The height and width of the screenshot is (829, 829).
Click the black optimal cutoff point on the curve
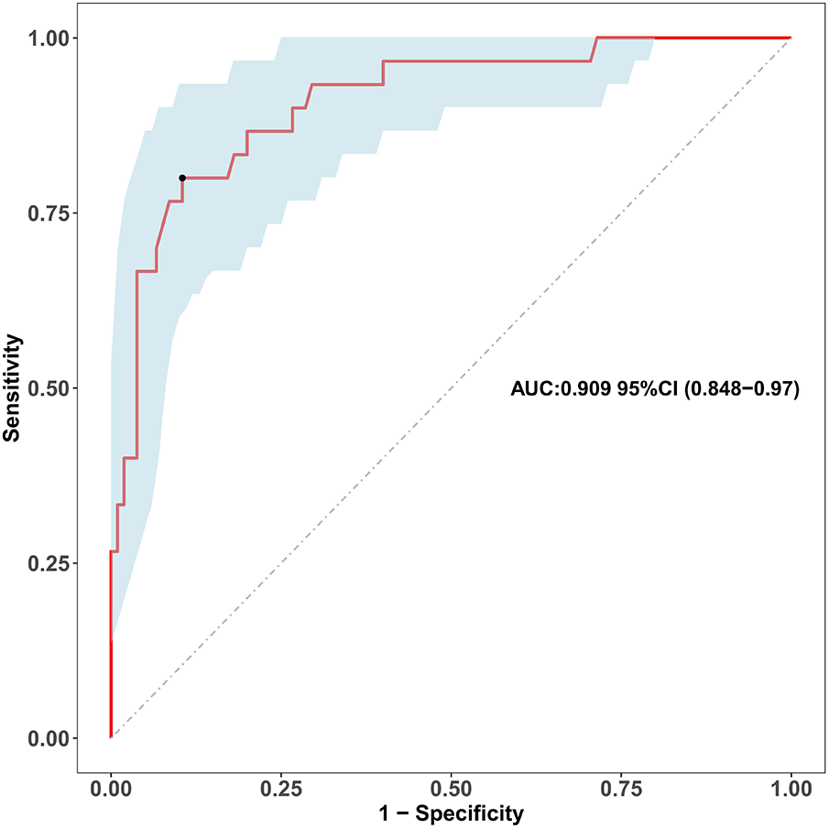coord(182,178)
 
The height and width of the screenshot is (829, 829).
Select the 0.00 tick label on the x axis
coord(111,789)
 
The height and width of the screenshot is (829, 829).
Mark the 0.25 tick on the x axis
coord(280,789)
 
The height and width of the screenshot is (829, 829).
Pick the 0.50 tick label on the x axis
coord(451,789)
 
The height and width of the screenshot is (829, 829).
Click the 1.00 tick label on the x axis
coord(791,789)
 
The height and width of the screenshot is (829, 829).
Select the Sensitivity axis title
coord(13,387)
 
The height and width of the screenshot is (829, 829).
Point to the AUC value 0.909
coord(581,390)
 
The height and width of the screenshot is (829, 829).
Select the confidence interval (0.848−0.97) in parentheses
coord(743,390)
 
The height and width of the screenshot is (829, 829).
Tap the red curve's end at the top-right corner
coord(790,38)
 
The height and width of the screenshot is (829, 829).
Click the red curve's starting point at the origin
coord(111,736)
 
